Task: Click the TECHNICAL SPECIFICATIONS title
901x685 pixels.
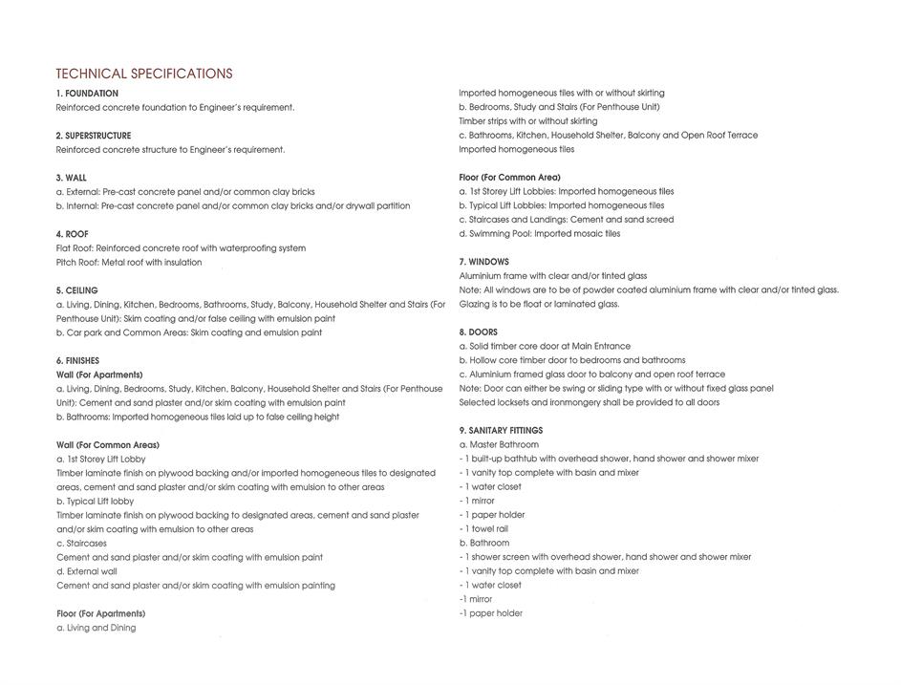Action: [143, 74]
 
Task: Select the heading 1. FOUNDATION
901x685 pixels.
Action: [87, 94]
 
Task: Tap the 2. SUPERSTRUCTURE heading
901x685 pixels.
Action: [94, 136]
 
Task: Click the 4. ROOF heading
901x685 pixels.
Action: [72, 234]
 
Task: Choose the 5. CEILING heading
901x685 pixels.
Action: [76, 290]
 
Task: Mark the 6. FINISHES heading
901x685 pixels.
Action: [77, 361]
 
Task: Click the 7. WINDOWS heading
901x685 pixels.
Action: [483, 262]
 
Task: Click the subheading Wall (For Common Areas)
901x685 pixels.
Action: [108, 445]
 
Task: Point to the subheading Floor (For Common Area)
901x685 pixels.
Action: [509, 178]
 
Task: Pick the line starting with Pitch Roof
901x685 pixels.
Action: [129, 263]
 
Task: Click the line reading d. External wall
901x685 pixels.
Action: [87, 571]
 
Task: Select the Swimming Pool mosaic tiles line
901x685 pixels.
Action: [539, 234]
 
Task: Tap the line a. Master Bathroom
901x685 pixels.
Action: [499, 445]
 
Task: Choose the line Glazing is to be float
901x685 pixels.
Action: [539, 305]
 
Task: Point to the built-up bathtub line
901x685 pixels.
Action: [609, 459]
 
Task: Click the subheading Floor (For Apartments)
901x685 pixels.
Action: [100, 613]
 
